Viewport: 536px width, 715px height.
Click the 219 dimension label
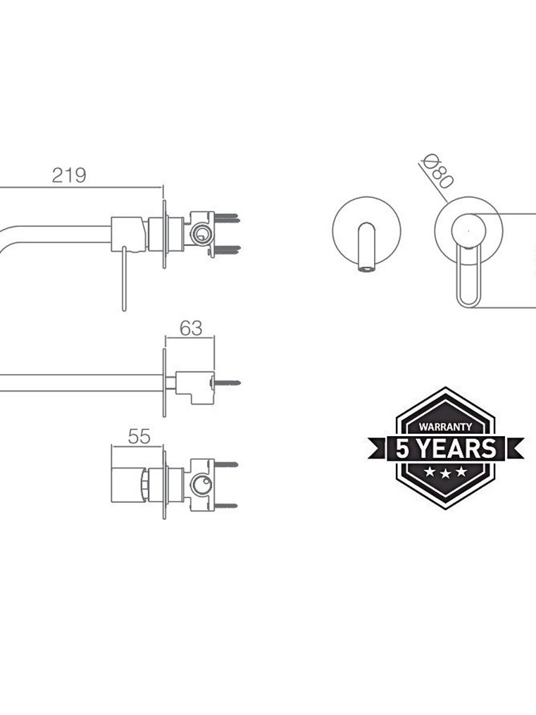click(x=69, y=175)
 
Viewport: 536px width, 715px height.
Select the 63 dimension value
click(x=191, y=328)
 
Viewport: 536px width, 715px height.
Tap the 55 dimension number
click(x=139, y=437)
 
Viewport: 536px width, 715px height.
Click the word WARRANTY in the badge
click(x=445, y=427)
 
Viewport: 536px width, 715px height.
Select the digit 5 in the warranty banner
click(x=403, y=449)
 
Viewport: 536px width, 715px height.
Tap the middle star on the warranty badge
click(x=445, y=473)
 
